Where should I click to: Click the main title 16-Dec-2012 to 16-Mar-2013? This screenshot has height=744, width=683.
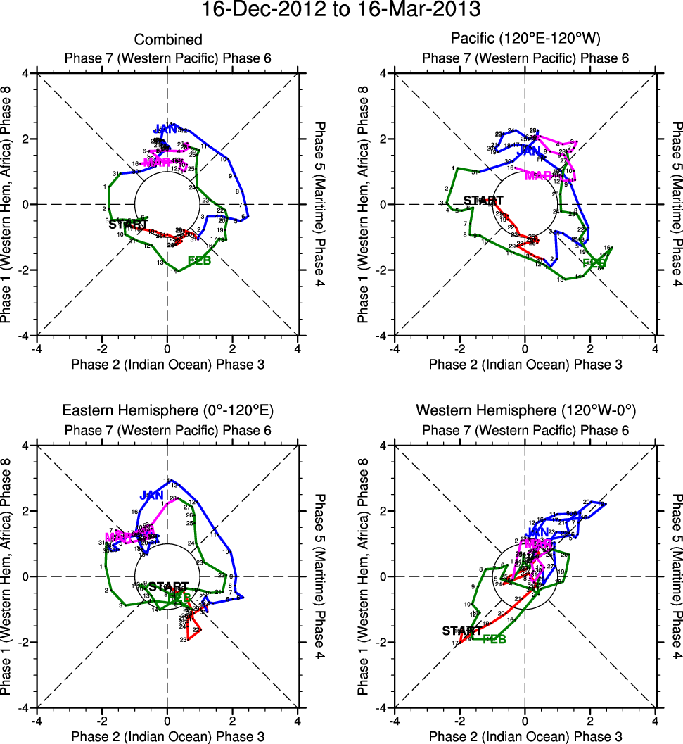pyautogui.click(x=341, y=10)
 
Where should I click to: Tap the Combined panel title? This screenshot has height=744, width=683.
pyautogui.click(x=168, y=40)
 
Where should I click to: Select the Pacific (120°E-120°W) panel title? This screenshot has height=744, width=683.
pyautogui.click(x=525, y=40)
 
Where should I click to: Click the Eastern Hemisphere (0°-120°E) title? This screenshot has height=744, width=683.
pyautogui.click(x=168, y=410)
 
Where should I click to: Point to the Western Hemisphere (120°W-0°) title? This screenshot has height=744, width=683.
pyautogui.click(x=525, y=410)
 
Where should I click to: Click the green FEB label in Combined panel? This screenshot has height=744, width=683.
pyautogui.click(x=199, y=261)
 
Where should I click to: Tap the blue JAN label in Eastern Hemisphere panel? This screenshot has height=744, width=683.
pyautogui.click(x=151, y=496)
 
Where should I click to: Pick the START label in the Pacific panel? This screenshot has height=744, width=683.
pyautogui.click(x=484, y=201)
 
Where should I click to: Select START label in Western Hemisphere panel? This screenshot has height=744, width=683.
pyautogui.click(x=461, y=631)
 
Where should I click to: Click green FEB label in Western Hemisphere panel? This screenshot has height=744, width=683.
pyautogui.click(x=494, y=639)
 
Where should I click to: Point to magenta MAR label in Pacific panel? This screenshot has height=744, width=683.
pyautogui.click(x=539, y=175)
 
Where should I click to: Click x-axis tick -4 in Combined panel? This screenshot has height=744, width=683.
pyautogui.click(x=36, y=348)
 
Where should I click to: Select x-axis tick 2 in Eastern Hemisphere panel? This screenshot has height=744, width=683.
pyautogui.click(x=233, y=721)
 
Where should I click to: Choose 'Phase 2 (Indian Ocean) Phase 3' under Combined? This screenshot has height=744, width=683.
pyautogui.click(x=168, y=364)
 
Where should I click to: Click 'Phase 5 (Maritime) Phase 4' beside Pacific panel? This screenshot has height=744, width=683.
pyautogui.click(x=676, y=204)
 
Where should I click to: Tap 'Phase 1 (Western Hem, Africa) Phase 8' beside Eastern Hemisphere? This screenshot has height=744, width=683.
pyautogui.click(x=8, y=576)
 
